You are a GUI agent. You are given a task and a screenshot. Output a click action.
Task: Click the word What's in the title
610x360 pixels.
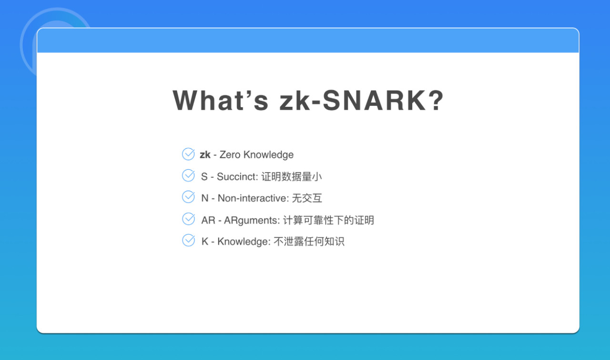(221, 100)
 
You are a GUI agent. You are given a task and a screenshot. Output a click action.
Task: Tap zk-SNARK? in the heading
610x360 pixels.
(362, 100)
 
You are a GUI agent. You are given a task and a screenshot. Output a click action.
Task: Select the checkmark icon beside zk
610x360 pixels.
(188, 154)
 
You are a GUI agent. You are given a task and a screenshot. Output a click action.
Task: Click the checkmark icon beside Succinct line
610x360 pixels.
(188, 175)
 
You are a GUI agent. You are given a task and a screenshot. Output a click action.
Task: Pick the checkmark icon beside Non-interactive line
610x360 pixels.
(188, 197)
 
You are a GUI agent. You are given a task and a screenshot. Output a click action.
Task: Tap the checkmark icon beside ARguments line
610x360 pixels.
(188, 219)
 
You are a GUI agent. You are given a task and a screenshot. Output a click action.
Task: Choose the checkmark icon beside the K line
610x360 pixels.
(188, 240)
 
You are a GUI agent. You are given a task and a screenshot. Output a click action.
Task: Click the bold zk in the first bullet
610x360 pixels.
(205, 154)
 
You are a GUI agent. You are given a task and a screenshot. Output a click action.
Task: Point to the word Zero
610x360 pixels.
(230, 154)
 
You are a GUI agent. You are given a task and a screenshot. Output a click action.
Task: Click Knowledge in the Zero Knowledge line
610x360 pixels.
(268, 155)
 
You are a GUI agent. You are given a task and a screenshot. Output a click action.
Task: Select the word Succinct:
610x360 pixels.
(237, 176)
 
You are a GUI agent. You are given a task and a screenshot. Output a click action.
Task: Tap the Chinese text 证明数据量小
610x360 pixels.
(292, 176)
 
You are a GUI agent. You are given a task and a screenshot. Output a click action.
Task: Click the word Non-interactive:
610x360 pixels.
(253, 198)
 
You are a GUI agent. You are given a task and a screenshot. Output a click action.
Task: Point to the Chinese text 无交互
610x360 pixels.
(307, 198)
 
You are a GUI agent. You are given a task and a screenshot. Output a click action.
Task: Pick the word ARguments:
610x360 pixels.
(252, 220)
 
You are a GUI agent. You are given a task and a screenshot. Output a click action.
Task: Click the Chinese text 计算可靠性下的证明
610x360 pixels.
(329, 220)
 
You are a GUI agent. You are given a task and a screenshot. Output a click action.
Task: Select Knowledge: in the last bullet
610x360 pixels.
(244, 241)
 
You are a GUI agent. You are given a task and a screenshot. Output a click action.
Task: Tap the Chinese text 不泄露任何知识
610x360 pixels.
(309, 241)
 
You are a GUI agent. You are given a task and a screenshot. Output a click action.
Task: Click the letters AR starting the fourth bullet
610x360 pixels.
(208, 220)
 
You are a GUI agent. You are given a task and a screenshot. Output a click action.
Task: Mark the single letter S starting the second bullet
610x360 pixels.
(204, 176)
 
